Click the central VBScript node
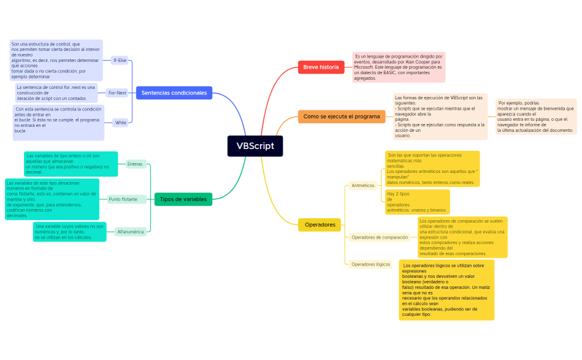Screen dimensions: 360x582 (255, 146)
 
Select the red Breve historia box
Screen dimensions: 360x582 (321, 67)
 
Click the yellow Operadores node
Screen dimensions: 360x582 (320, 225)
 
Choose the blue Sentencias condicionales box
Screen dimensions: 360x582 (174, 93)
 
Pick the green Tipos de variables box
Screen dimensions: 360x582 (183, 199)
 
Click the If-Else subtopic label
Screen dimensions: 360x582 (120, 60)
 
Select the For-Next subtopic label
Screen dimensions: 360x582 (117, 93)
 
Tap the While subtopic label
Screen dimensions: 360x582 (121, 123)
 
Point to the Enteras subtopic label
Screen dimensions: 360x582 (135, 164)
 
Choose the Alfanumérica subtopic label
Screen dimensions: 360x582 (131, 232)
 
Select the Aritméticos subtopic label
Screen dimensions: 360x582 (363, 185)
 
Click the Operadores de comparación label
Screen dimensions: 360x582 (379, 237)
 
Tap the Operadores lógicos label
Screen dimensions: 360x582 (370, 264)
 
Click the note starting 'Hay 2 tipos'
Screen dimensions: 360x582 (416, 202)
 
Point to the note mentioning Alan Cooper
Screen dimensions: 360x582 (398, 67)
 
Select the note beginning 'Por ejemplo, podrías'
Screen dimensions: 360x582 (535, 117)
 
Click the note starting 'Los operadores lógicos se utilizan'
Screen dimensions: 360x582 (446, 289)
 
